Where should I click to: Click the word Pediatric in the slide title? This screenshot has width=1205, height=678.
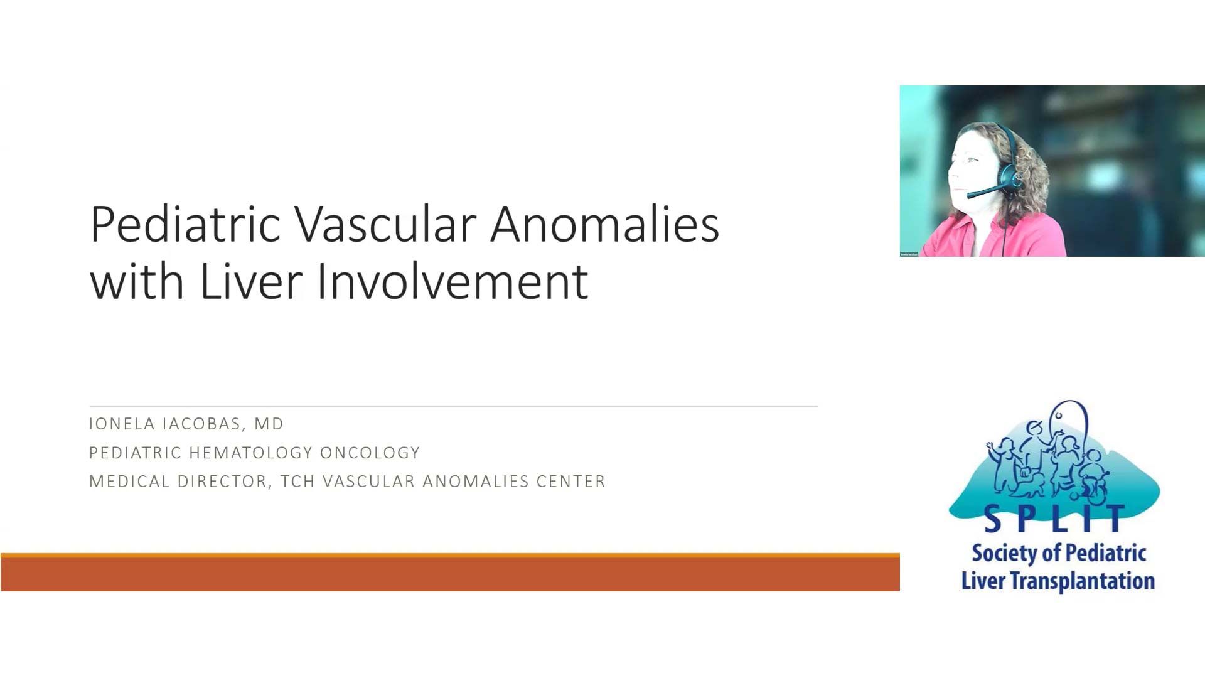click(185, 224)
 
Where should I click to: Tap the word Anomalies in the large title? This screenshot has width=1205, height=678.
click(605, 224)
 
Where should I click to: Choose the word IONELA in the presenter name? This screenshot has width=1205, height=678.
click(122, 424)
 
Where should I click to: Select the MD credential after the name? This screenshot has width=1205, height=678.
click(269, 424)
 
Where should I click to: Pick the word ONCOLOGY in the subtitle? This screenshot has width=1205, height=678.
click(370, 453)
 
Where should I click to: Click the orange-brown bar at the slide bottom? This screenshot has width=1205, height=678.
click(450, 573)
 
